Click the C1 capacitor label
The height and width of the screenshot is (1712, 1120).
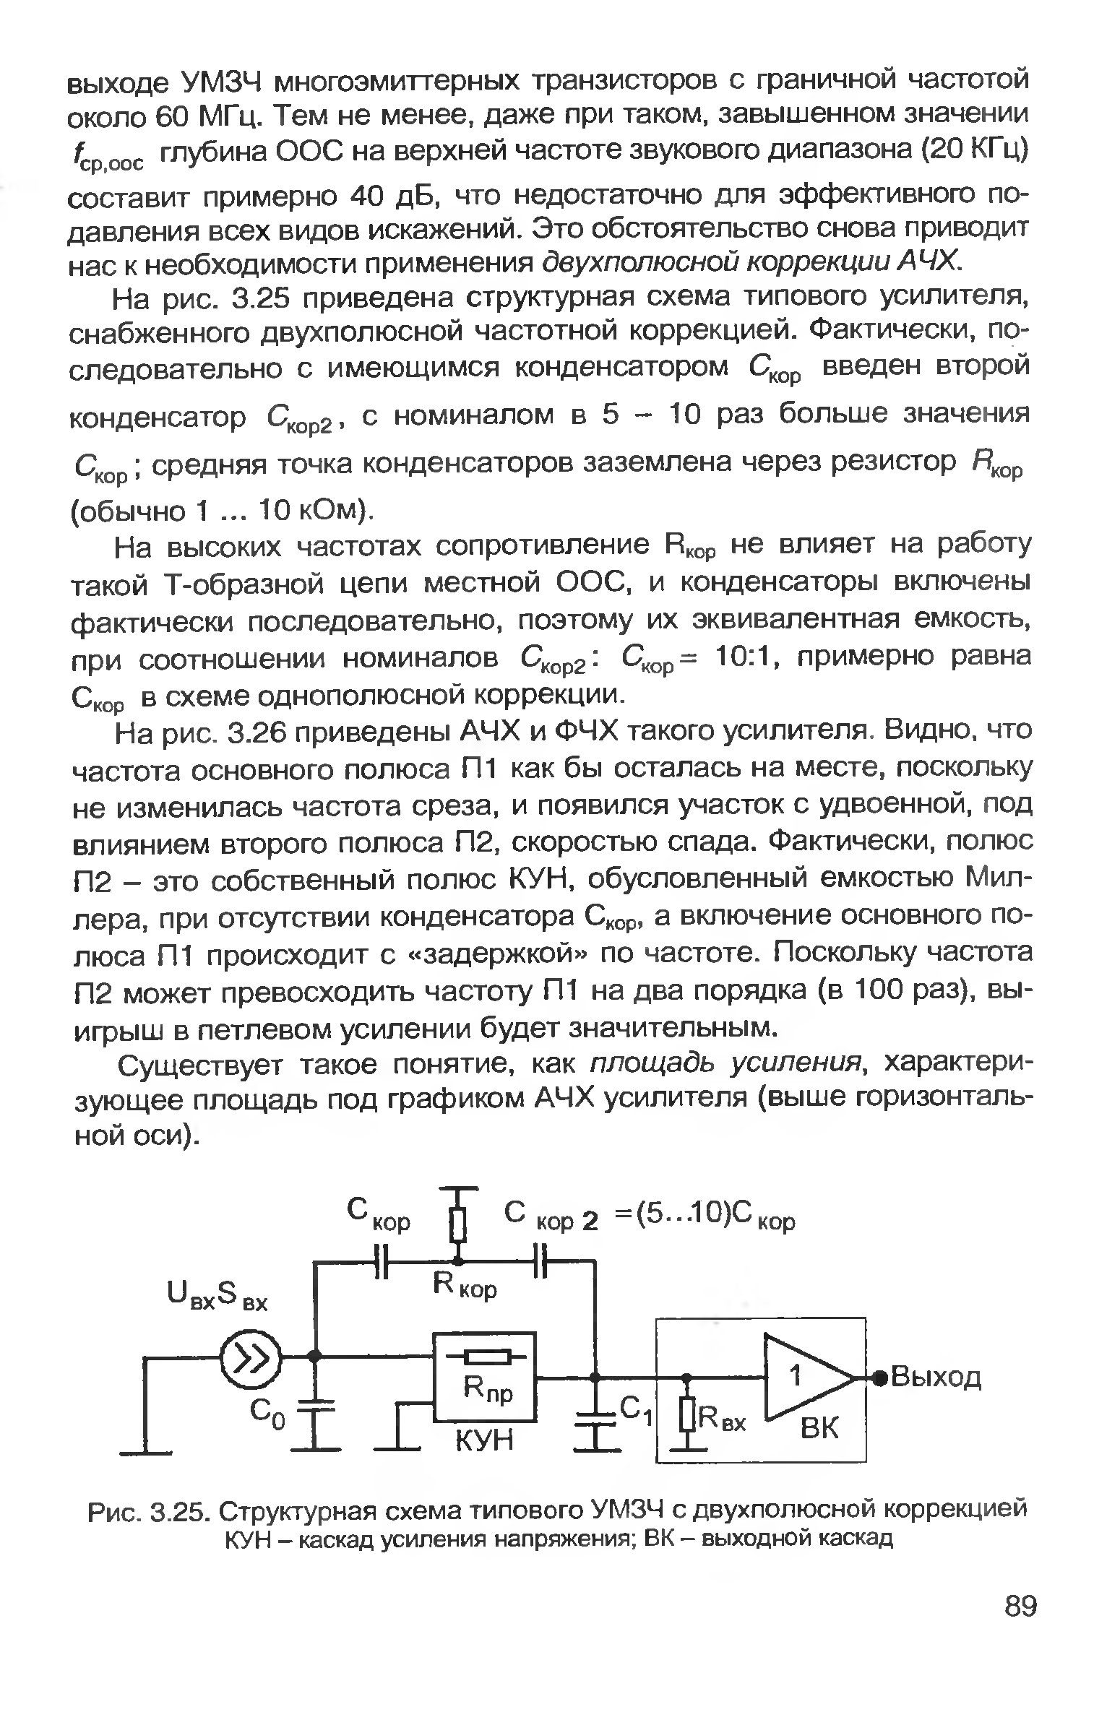[x=638, y=1409]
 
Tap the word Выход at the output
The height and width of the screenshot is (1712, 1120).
[x=936, y=1377]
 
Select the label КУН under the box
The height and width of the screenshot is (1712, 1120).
[x=483, y=1442]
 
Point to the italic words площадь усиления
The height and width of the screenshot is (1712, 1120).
[x=727, y=1063]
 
